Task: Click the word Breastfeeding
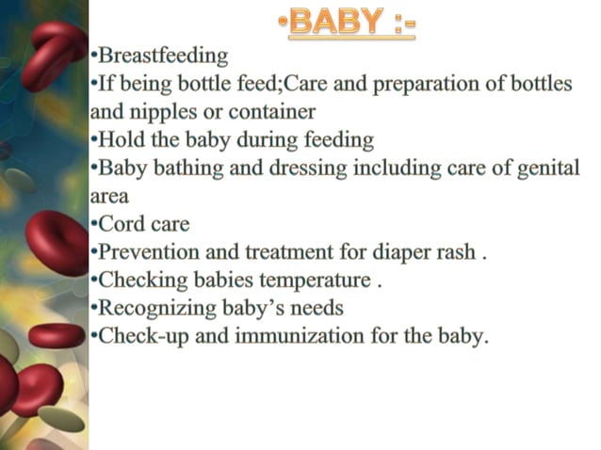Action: click(163, 56)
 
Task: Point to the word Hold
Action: click(120, 140)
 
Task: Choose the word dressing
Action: click(295, 169)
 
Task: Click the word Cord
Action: click(120, 224)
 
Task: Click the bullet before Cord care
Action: click(94, 225)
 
